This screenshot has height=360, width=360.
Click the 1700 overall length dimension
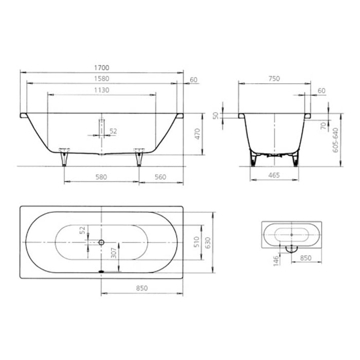pos(101,68)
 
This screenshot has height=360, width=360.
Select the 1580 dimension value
pos(101,79)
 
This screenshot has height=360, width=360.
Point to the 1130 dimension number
pos(101,89)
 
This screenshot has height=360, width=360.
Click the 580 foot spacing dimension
pos(101,176)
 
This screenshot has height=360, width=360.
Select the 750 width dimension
pos(274,79)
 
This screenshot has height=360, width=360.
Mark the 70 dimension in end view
pos(323,124)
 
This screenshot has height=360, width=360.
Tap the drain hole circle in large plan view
pos(101,242)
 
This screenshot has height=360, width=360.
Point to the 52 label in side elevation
pos(113,131)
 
